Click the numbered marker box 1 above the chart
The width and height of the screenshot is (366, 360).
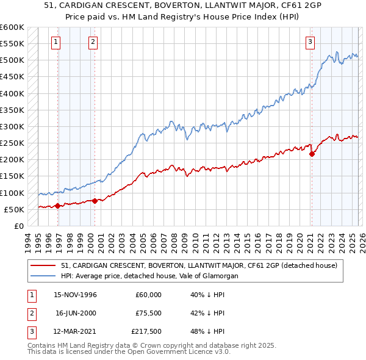pos(56,42)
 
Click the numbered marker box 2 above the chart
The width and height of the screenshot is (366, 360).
pos(93,42)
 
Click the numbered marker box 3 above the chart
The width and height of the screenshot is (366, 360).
pos(310,42)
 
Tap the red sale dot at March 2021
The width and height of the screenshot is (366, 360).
pos(312,154)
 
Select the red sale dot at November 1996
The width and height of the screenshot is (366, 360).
pos(58,206)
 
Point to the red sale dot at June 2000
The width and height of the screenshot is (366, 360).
pos(95,201)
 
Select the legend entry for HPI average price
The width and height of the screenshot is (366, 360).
pos(149,276)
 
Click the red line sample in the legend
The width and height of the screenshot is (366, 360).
pos(43,265)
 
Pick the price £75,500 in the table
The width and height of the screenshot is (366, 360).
pos(148,313)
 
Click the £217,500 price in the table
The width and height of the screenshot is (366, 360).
pos(146,331)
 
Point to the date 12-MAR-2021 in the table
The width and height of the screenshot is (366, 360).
pos(76,331)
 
